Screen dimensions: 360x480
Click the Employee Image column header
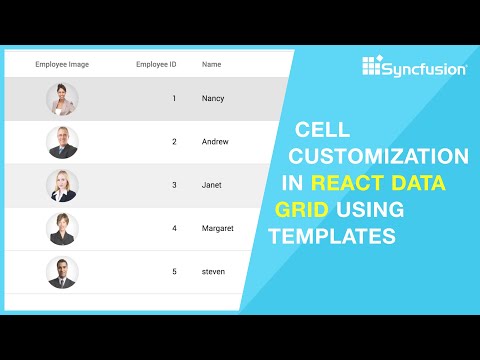62,65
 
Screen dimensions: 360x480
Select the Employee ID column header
156,65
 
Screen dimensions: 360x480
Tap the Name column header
211,65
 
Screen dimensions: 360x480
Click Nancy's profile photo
62,99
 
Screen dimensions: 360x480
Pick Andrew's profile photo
62,142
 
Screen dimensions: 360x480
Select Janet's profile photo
62,185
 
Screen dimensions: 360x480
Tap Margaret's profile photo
62,229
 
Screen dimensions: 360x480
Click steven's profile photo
62,272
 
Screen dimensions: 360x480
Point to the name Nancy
213,99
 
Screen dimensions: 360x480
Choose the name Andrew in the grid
215,142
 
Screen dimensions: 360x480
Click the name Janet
212,185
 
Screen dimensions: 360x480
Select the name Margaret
217,229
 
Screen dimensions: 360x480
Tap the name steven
213,272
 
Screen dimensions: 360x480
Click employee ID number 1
174,99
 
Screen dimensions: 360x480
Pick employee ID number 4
174,229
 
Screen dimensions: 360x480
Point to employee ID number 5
174,272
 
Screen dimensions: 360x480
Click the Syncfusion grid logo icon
372,67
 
